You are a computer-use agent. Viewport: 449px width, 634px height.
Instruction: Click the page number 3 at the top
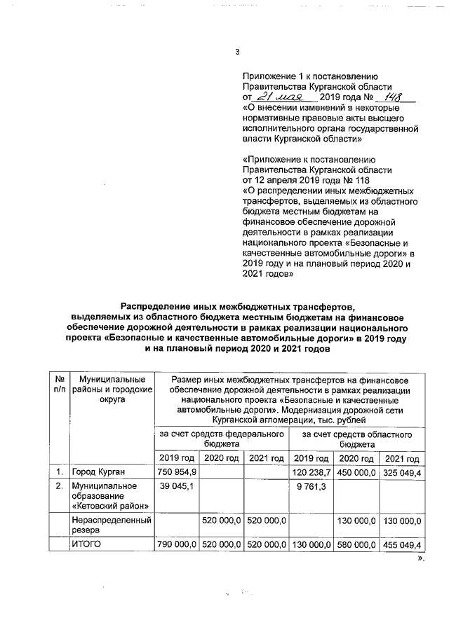(x=236, y=53)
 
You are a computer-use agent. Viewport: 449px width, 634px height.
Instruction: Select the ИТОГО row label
(x=88, y=544)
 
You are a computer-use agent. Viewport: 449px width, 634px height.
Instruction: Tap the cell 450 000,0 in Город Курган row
(x=356, y=471)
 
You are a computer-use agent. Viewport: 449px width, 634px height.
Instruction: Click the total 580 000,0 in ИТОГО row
(x=356, y=544)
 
